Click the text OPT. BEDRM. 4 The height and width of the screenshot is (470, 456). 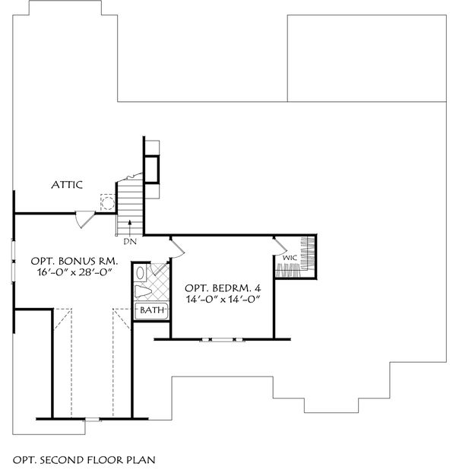pyautogui.click(x=222, y=288)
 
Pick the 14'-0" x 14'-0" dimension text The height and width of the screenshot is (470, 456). pyautogui.click(x=222, y=301)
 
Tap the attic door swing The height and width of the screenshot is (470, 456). pyautogui.click(x=85, y=220)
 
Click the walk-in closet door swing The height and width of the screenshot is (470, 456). pyautogui.click(x=279, y=244)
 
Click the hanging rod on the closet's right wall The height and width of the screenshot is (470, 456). pyautogui.click(x=309, y=254)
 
